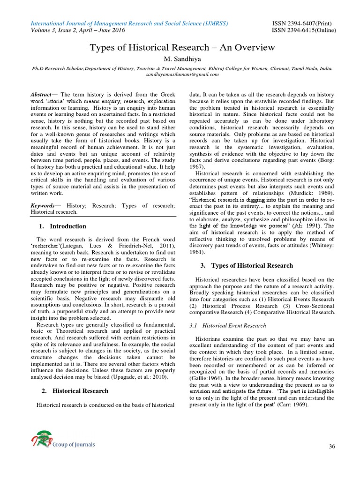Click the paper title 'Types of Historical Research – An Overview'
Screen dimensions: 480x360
(x=182, y=48)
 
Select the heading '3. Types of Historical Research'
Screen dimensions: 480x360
(x=247, y=265)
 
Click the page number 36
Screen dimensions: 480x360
(x=332, y=446)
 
